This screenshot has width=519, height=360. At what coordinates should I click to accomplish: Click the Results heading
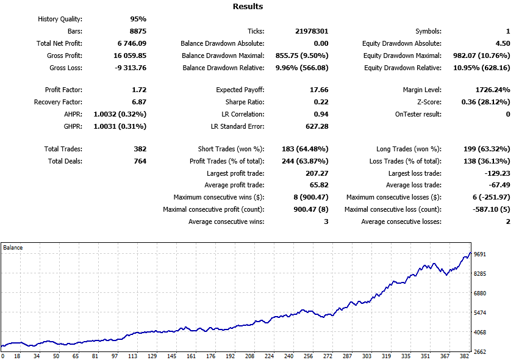248,7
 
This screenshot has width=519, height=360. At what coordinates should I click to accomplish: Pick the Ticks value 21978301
310,31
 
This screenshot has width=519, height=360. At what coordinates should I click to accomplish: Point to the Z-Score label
425,102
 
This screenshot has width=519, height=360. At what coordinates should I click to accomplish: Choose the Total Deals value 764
140,161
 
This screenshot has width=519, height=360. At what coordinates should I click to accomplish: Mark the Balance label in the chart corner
13,248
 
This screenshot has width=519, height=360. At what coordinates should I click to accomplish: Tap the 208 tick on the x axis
249,356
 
